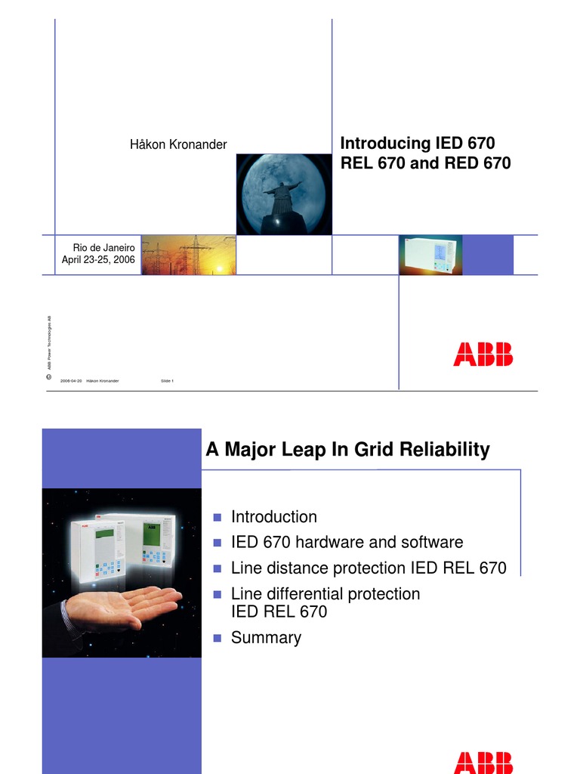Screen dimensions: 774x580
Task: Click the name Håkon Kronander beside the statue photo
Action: click(x=178, y=144)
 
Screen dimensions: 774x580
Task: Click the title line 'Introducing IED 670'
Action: click(x=418, y=143)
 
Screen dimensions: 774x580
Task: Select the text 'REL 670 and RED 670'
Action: click(x=426, y=163)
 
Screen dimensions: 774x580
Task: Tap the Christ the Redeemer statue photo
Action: click(x=283, y=194)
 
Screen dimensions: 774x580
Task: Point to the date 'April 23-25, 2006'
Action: click(x=98, y=260)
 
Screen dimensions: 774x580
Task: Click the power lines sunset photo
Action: click(x=188, y=255)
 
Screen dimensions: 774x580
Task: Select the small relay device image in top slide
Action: click(x=430, y=255)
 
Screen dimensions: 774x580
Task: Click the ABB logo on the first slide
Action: click(x=483, y=354)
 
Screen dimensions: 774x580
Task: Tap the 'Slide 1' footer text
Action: click(x=167, y=381)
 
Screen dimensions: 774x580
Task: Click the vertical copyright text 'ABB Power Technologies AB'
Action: click(x=49, y=339)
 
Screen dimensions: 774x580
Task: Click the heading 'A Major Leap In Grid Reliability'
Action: click(x=347, y=450)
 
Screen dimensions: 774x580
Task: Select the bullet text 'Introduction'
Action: click(x=273, y=517)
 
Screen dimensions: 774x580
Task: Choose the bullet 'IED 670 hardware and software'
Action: click(x=347, y=542)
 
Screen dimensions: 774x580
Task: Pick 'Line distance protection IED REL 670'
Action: click(x=368, y=568)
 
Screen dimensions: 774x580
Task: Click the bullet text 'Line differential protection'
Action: click(x=325, y=593)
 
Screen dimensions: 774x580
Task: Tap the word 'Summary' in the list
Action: click(x=266, y=637)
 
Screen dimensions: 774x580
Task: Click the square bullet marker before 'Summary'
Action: click(x=217, y=638)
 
